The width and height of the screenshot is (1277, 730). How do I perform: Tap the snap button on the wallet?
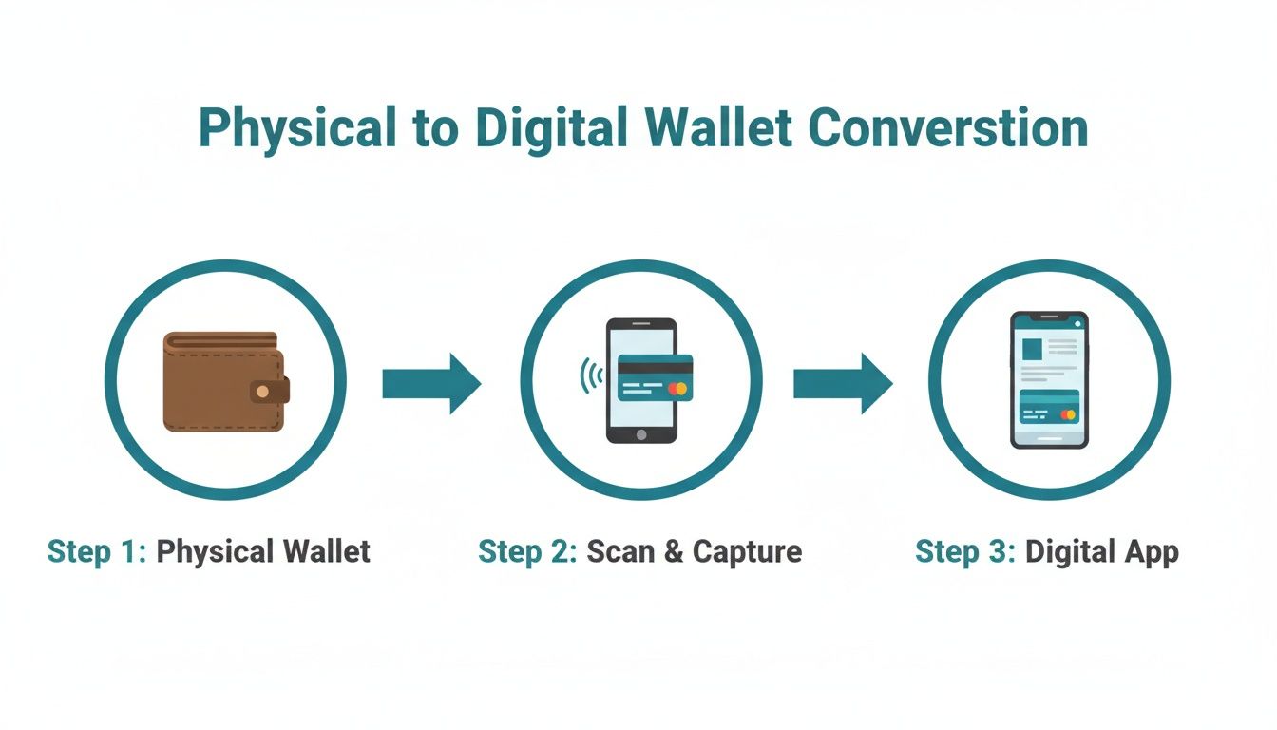click(x=262, y=391)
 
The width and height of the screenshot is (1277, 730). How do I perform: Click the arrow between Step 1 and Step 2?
click(x=431, y=383)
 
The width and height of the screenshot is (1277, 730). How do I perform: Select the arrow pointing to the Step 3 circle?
click(x=843, y=383)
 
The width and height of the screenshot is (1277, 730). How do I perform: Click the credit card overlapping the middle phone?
click(x=655, y=377)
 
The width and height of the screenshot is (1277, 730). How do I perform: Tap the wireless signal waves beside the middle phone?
click(x=591, y=375)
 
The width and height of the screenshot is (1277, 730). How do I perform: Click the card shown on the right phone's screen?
click(x=1049, y=407)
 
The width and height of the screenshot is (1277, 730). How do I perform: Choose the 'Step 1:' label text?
click(x=96, y=551)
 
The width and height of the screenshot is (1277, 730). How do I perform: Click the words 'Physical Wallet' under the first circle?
click(x=263, y=551)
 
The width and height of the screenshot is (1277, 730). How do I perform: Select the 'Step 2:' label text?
click(x=527, y=551)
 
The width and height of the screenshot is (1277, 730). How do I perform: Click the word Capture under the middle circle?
click(x=747, y=552)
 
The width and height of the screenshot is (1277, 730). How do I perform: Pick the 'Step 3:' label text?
click(x=964, y=551)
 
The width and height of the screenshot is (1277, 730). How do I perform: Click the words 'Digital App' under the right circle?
click(x=1101, y=552)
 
